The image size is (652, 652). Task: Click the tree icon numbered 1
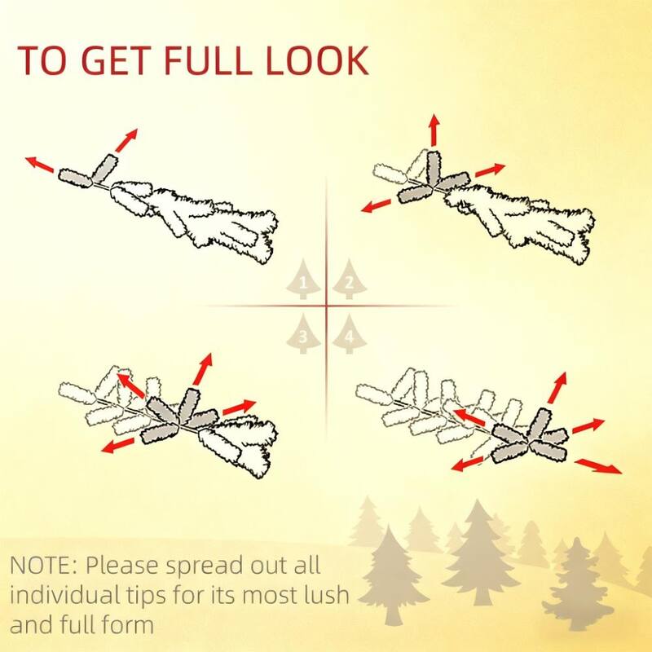[303, 279]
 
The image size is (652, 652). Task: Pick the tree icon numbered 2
[350, 279]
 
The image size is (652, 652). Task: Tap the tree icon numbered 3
[303, 334]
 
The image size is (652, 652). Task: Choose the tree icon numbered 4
[350, 334]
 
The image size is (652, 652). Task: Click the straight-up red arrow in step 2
[434, 130]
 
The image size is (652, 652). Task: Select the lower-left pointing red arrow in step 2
[377, 206]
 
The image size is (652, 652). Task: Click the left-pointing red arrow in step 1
[39, 165]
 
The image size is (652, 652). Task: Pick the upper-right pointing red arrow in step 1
[126, 140]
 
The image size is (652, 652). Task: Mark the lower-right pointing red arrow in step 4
[598, 465]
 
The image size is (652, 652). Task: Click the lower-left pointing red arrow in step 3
[117, 445]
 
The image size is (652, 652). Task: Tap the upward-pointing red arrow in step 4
[557, 388]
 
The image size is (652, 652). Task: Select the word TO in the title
[42, 60]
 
